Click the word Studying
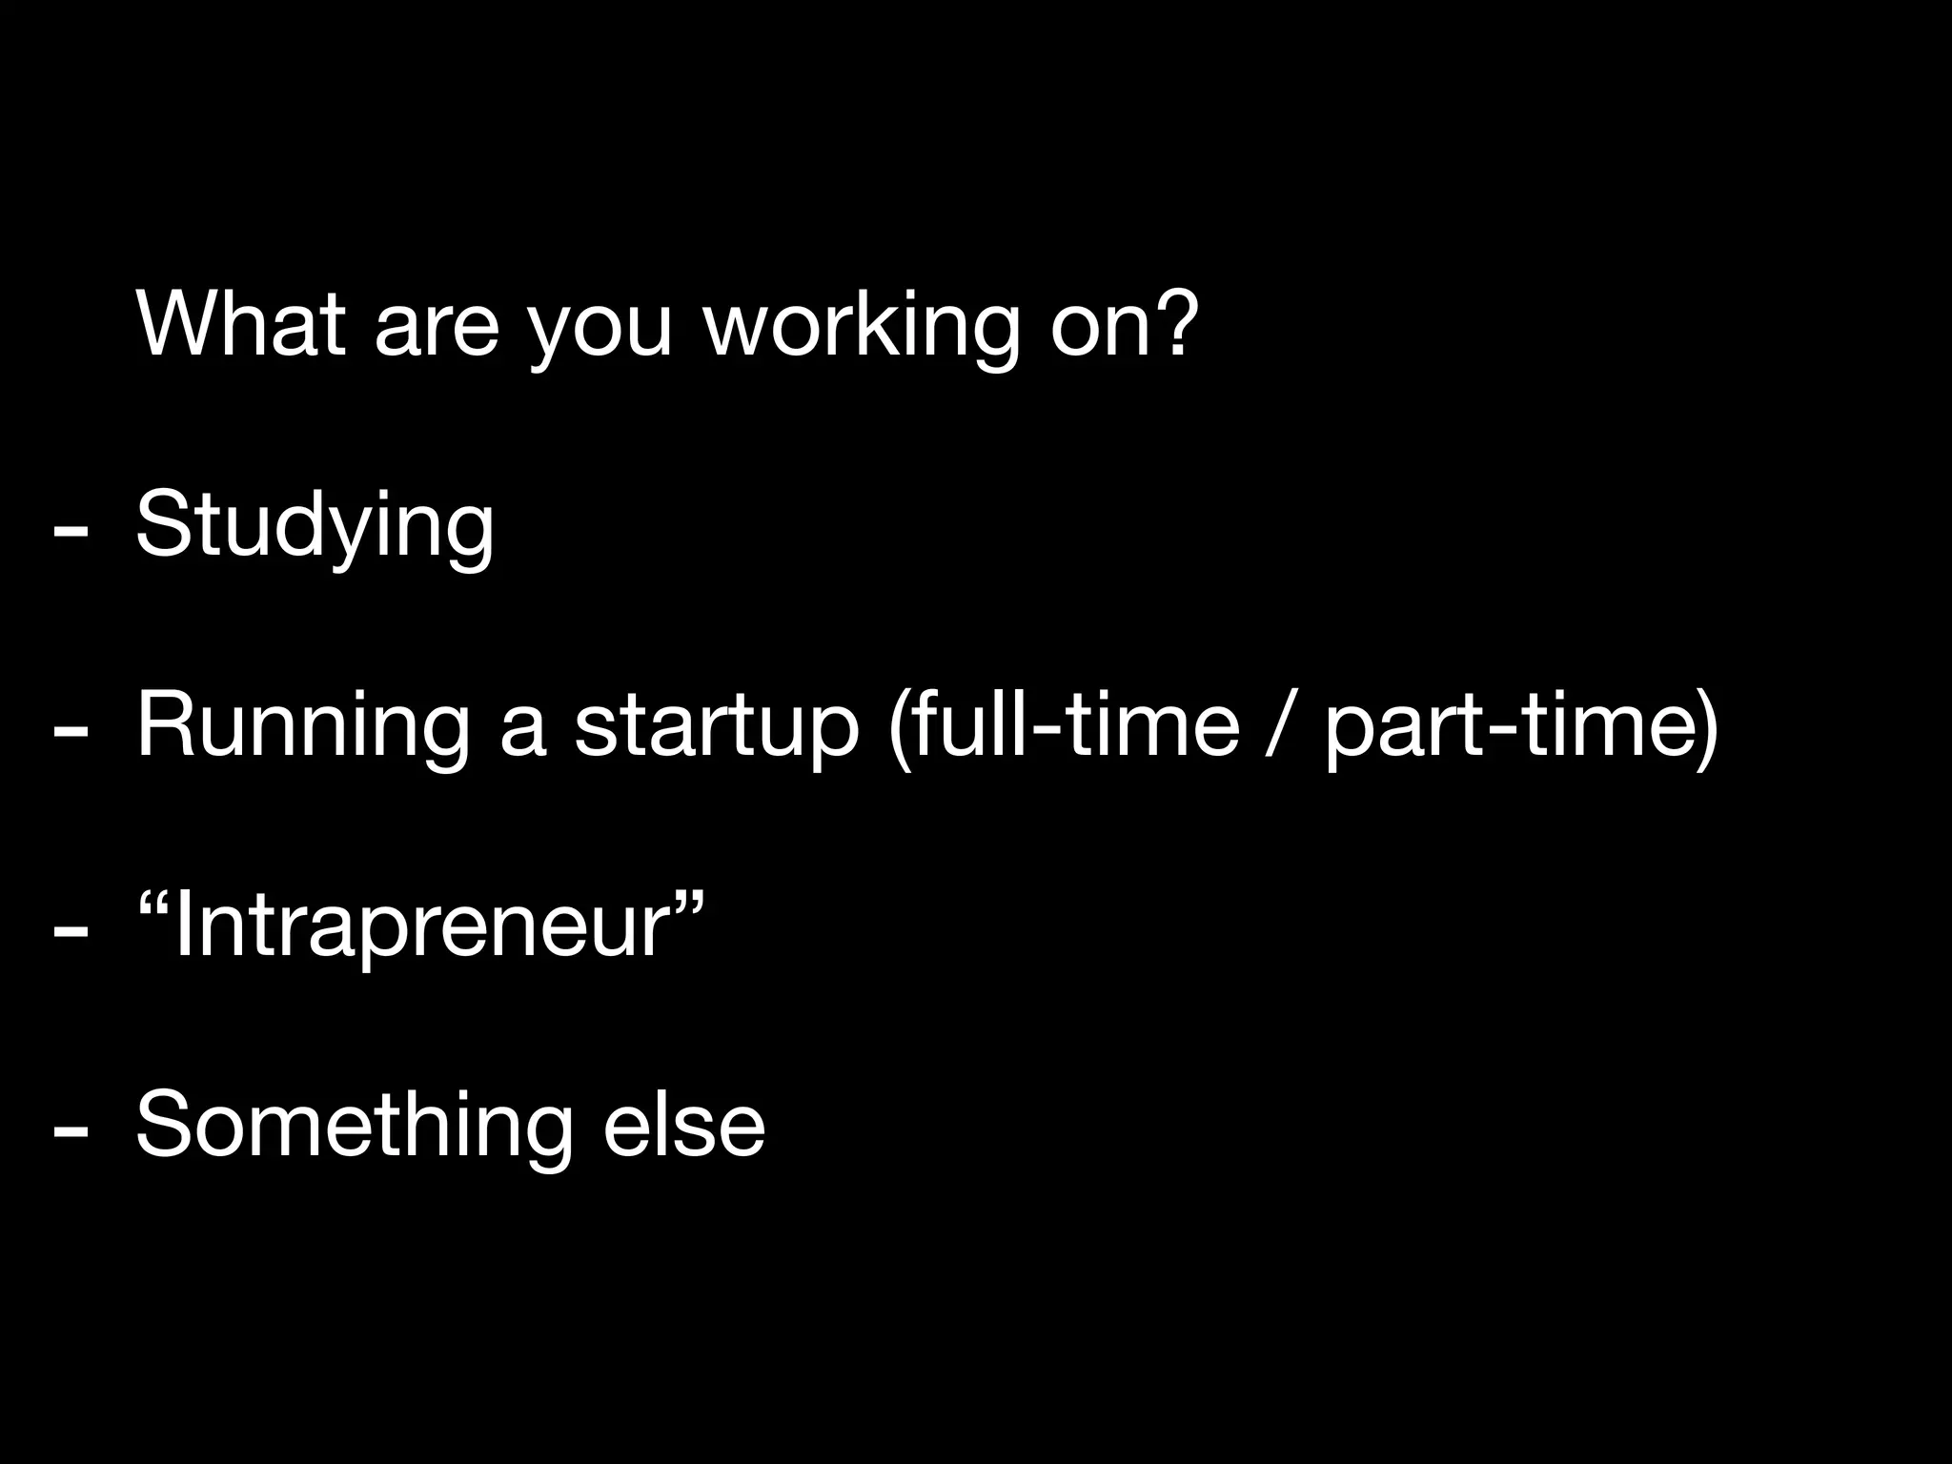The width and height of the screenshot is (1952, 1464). (315, 526)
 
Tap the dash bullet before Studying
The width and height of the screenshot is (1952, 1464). (72, 530)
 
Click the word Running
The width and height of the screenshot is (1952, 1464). (303, 726)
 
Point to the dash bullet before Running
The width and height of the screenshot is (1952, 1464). (72, 730)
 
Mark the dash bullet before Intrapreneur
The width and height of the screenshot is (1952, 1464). (72, 930)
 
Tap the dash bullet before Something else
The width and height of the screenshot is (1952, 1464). (72, 1130)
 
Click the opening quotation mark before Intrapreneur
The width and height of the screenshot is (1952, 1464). (155, 901)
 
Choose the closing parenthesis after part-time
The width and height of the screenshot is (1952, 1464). (1706, 726)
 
